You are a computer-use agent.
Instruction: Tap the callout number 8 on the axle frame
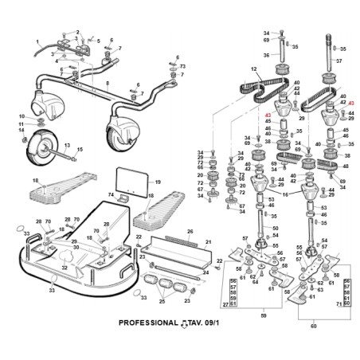coord(107,82)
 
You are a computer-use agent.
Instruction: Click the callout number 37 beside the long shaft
coord(338,61)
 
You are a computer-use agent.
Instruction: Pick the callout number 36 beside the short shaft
coord(267,55)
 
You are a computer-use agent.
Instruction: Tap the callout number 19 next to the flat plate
coord(158,182)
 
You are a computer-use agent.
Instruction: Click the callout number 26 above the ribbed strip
coord(190,232)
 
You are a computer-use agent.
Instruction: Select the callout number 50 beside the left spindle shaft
coord(276,228)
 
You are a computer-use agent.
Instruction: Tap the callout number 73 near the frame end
coord(182,66)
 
